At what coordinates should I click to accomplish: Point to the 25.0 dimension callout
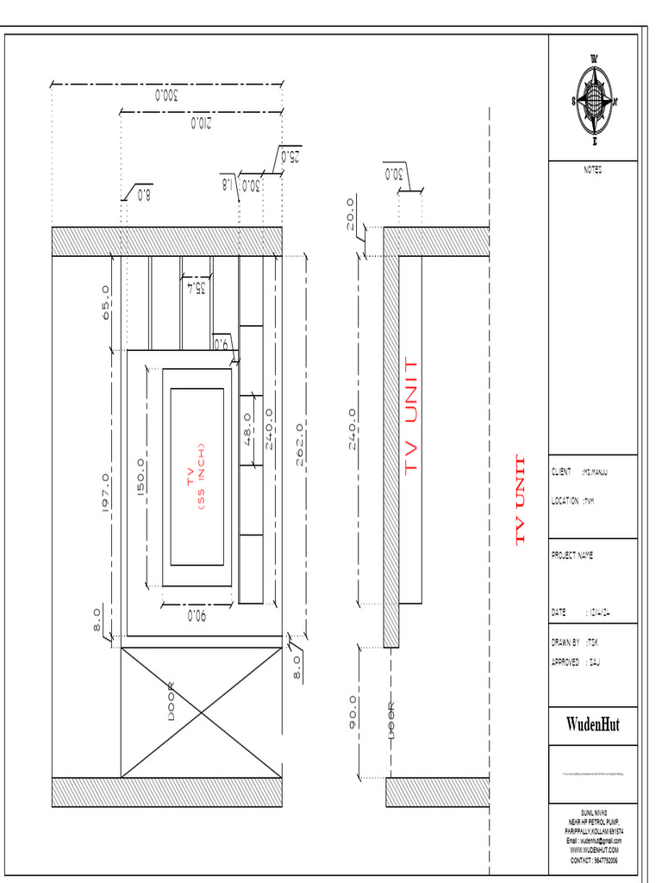point(290,157)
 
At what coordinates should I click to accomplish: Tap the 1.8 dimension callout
point(228,184)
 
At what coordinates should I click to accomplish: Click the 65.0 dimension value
point(106,303)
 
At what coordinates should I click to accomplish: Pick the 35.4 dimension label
point(196,288)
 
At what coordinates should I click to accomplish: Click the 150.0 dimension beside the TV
point(140,477)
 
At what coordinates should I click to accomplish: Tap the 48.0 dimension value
point(247,429)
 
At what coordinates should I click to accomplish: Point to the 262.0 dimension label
point(299,445)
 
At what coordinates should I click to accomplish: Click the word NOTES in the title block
point(593,171)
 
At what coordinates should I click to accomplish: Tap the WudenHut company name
point(593,724)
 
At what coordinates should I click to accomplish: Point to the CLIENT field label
point(562,473)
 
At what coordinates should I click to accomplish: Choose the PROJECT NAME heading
point(572,556)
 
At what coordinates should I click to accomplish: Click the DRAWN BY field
point(565,642)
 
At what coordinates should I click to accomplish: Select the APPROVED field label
point(565,663)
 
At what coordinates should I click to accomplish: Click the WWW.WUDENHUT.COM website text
point(594,850)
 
